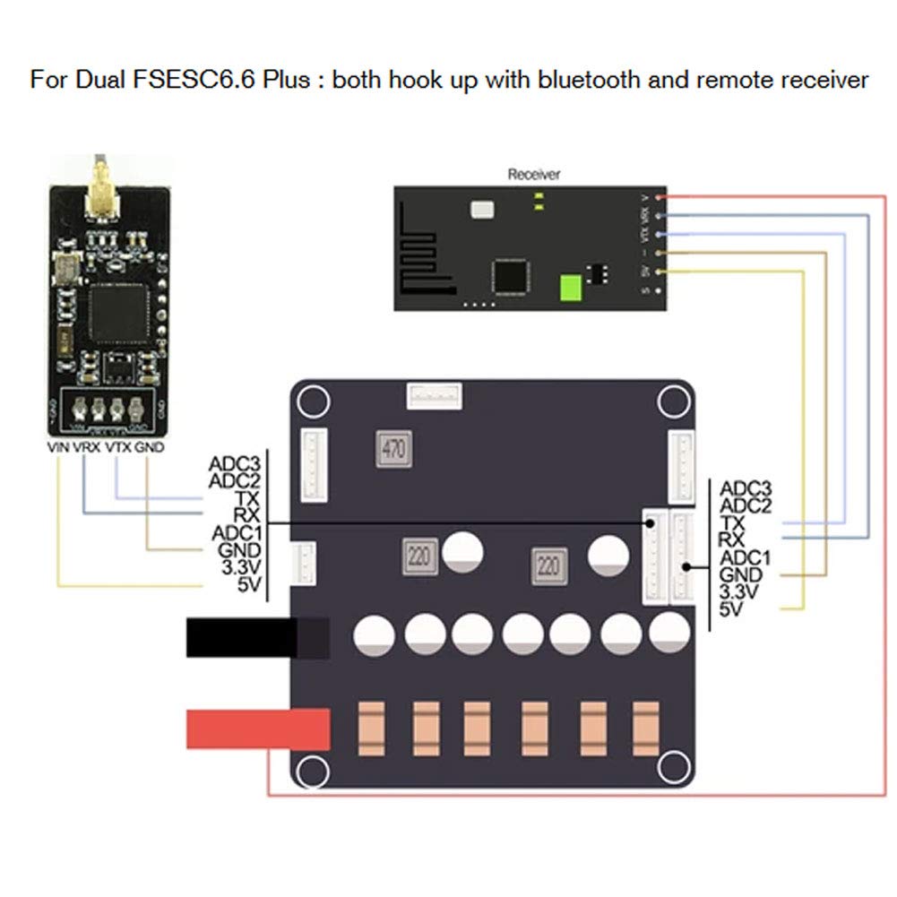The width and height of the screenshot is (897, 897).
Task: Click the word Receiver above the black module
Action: [x=533, y=175]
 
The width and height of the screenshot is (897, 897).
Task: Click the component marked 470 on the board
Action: [x=392, y=449]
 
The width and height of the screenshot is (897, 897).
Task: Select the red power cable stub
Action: [x=255, y=729]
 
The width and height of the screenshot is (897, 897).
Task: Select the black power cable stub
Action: [x=255, y=638]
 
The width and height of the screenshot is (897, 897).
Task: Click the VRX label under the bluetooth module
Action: [x=87, y=446]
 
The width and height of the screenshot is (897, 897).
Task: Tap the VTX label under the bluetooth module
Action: [x=118, y=446]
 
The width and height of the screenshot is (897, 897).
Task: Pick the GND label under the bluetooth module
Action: [x=151, y=446]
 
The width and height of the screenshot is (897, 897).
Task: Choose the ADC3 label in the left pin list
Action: [x=234, y=464]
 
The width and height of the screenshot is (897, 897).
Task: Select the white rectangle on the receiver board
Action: [x=482, y=210]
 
